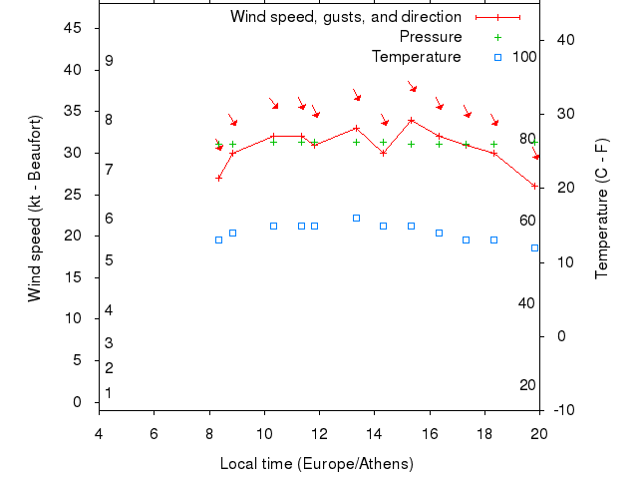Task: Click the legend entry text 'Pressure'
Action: click(x=423, y=37)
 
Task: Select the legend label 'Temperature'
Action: click(x=416, y=57)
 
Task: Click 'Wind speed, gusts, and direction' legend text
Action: click(x=345, y=17)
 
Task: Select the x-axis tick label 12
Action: click(x=319, y=433)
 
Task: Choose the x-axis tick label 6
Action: click(x=154, y=433)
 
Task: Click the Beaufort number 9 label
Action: click(x=109, y=61)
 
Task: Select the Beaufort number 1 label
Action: click(x=109, y=393)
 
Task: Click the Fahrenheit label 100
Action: click(x=524, y=57)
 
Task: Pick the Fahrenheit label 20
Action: click(x=528, y=385)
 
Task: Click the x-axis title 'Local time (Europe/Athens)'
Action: click(x=316, y=464)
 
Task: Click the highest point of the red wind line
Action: click(x=412, y=120)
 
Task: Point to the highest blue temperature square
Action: click(x=356, y=218)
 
